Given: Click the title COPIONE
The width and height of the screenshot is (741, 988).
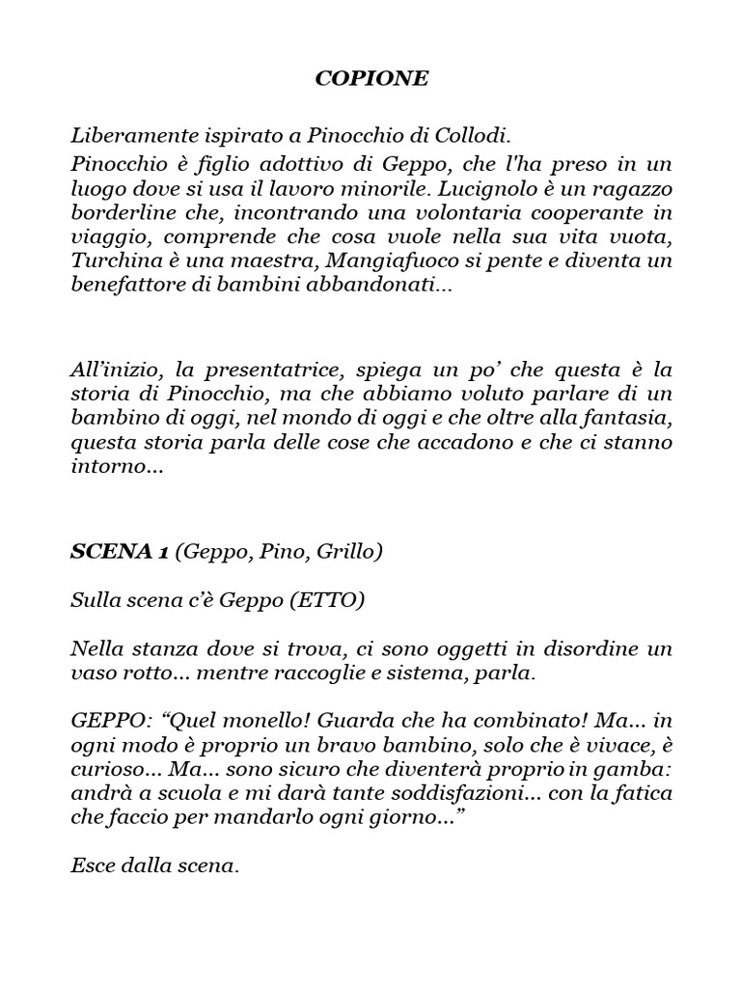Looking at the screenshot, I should coord(371,79).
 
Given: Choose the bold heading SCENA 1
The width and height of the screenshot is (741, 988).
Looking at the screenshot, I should coord(120,551).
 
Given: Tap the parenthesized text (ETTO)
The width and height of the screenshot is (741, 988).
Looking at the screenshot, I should coord(327,599).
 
